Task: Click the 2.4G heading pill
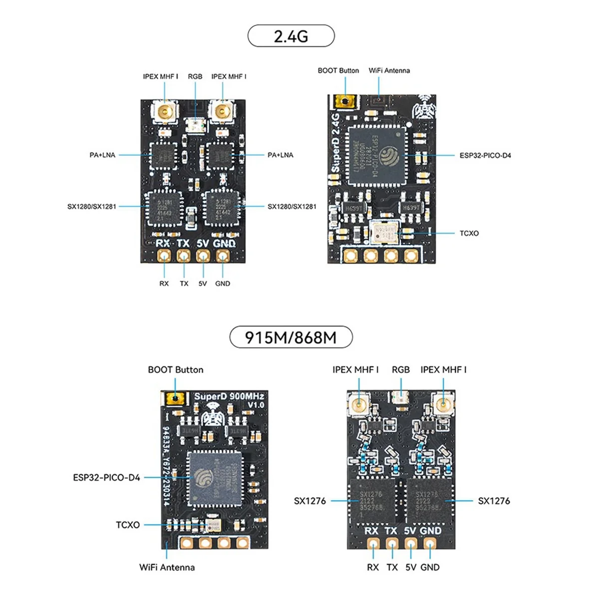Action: tap(291, 36)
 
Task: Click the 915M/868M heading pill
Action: tap(291, 337)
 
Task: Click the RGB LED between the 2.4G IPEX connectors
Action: tap(195, 124)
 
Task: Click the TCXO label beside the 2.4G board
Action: tap(469, 233)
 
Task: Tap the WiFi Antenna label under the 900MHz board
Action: tap(167, 567)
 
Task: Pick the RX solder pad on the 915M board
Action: tap(373, 544)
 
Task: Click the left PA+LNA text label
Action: tap(102, 155)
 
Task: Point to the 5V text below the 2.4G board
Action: tap(202, 284)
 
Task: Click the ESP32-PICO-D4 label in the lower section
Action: tap(106, 478)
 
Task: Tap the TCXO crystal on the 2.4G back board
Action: tap(385, 233)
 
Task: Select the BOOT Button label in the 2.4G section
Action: tap(338, 71)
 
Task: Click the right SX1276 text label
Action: tap(494, 501)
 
